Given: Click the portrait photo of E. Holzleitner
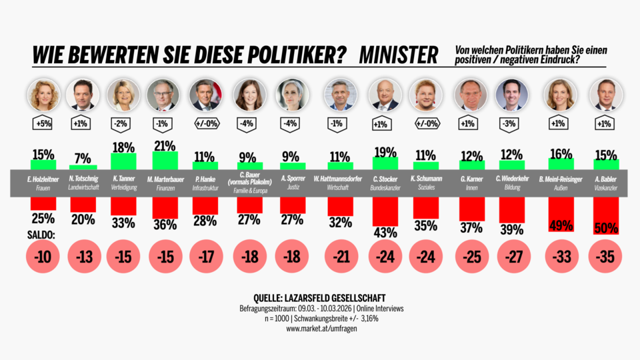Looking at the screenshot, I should point(43,95).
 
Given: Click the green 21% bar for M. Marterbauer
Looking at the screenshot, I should point(165,161).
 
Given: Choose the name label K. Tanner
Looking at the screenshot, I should point(123,179).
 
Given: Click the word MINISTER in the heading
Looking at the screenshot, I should point(398,54).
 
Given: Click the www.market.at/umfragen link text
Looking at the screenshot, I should point(320,328).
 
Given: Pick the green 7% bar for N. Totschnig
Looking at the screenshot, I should point(83,167).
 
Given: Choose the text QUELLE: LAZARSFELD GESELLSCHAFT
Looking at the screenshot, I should point(320,297).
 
